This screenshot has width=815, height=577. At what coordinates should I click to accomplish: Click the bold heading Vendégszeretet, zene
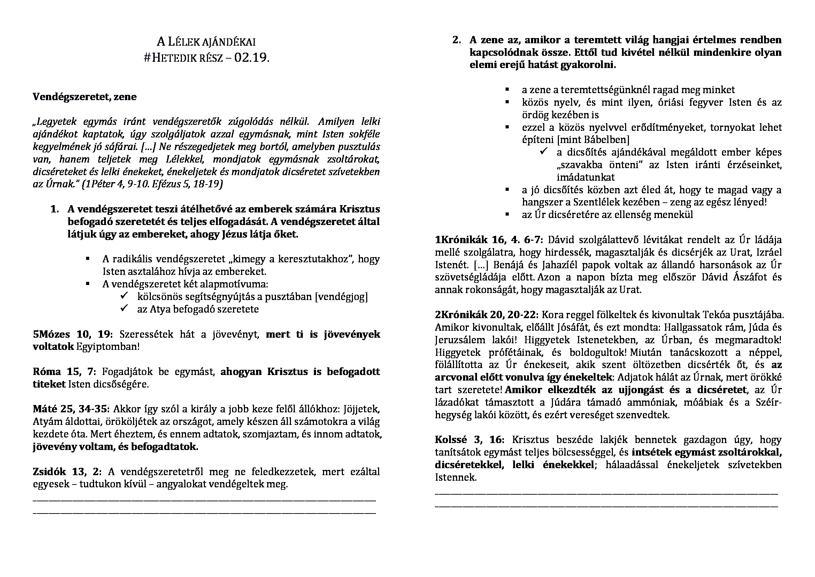click(84, 97)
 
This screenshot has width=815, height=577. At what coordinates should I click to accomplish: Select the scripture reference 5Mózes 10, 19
click(72, 334)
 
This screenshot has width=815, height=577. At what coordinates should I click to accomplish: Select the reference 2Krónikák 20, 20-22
click(487, 315)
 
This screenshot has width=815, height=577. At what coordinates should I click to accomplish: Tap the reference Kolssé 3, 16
click(469, 440)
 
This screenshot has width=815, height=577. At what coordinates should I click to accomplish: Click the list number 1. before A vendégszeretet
click(55, 209)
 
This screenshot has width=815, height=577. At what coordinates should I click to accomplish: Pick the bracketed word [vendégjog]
click(341, 297)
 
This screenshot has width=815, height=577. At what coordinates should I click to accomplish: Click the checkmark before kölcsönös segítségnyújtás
click(124, 296)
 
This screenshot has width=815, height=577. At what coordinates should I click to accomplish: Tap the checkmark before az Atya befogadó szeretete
click(124, 308)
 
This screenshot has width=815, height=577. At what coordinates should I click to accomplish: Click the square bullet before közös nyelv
click(507, 102)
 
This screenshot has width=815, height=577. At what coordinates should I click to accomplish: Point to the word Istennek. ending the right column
click(455, 477)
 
